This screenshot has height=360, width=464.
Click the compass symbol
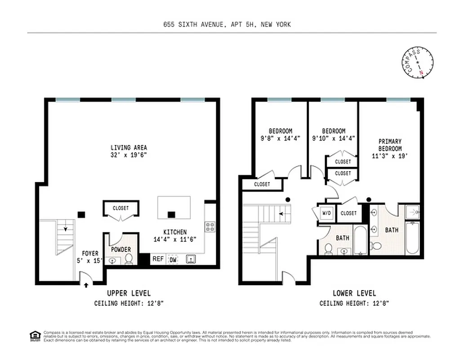(x=419, y=63)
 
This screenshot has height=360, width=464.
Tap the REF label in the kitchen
(x=158, y=259)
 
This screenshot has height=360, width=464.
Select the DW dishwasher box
(x=173, y=259)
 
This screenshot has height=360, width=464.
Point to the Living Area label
(x=129, y=148)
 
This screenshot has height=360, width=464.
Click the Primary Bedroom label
(x=390, y=145)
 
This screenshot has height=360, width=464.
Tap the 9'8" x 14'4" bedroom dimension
(x=281, y=139)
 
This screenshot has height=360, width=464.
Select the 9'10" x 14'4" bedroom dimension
(x=334, y=139)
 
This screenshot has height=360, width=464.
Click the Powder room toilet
(x=129, y=258)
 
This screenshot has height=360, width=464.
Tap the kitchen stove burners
(x=210, y=226)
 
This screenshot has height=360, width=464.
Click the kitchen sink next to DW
(x=191, y=259)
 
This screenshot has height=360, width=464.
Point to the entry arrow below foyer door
(x=86, y=284)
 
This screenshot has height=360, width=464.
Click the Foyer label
(x=89, y=253)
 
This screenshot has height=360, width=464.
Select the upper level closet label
(x=121, y=208)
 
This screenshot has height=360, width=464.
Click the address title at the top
(x=227, y=24)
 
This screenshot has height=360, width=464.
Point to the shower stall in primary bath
(x=412, y=211)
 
